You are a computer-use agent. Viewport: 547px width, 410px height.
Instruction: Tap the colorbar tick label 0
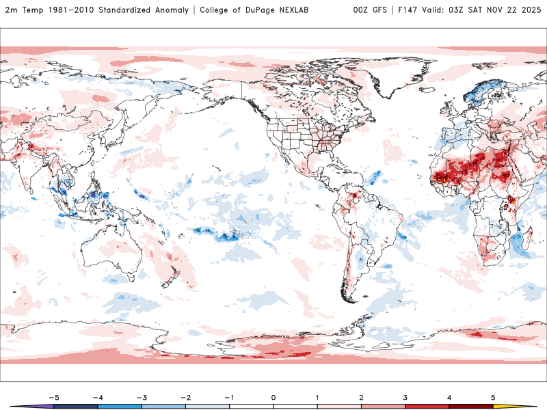point(273,396)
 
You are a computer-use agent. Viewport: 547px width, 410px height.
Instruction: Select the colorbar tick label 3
point(405,396)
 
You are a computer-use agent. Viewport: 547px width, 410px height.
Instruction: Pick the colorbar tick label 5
point(493,396)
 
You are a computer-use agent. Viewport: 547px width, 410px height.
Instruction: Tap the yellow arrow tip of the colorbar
point(530,406)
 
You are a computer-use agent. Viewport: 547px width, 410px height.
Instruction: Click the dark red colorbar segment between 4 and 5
point(471,406)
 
